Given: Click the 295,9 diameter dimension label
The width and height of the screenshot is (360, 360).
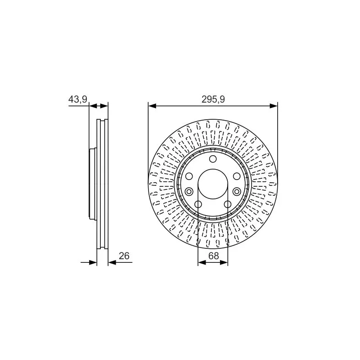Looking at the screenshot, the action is [213, 99].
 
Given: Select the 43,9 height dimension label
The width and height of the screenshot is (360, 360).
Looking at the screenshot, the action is [78, 99].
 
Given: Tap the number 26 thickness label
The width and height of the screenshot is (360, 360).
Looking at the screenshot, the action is [124, 256].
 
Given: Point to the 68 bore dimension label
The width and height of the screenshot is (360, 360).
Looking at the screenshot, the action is [213, 256].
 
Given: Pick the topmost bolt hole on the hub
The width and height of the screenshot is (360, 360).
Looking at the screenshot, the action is [213, 159].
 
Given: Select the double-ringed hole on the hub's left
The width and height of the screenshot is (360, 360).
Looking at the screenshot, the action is [189, 191].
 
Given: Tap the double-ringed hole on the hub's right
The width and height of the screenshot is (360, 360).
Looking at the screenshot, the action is [237, 191].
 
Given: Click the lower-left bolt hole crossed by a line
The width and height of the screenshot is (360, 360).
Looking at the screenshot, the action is [198, 204].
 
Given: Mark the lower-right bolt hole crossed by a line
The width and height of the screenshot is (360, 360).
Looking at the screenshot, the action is [228, 204].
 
